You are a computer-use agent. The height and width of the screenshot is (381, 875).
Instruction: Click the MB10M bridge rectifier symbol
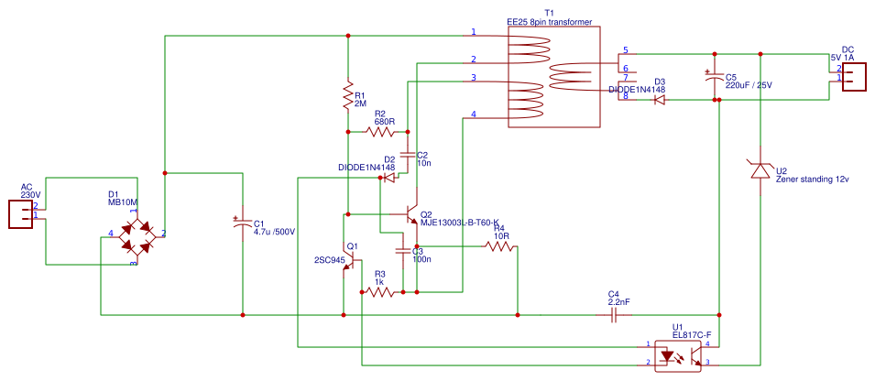coord(133,235)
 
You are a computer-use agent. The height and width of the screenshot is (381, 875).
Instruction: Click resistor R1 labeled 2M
coord(347,96)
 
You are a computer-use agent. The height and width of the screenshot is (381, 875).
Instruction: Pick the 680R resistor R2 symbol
coord(380,132)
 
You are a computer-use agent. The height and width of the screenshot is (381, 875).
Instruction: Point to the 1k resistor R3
coord(380,292)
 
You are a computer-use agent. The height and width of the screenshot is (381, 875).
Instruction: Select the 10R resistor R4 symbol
coord(500,245)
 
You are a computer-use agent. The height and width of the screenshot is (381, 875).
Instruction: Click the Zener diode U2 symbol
coord(760,170)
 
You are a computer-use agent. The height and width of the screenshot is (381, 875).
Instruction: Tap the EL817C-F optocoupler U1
coord(678,355)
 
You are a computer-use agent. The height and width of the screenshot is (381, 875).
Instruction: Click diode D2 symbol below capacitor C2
coord(389,177)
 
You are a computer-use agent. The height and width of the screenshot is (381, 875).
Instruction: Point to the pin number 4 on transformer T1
coord(474,114)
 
